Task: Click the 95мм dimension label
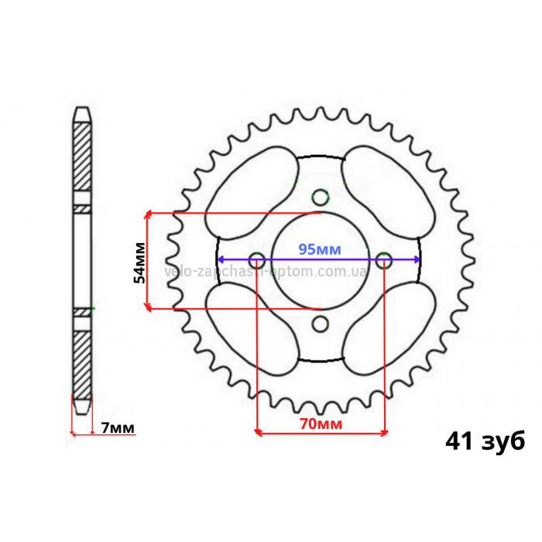tap(320, 249)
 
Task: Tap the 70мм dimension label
tap(321, 424)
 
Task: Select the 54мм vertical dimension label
tap(139, 262)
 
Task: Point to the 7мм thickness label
tap(118, 428)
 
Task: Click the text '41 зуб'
tap(485, 441)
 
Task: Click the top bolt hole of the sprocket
tap(320, 197)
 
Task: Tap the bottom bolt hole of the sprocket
tap(320, 324)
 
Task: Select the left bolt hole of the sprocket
tap(257, 260)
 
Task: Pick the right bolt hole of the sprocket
tap(384, 260)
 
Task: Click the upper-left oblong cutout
tap(251, 192)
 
